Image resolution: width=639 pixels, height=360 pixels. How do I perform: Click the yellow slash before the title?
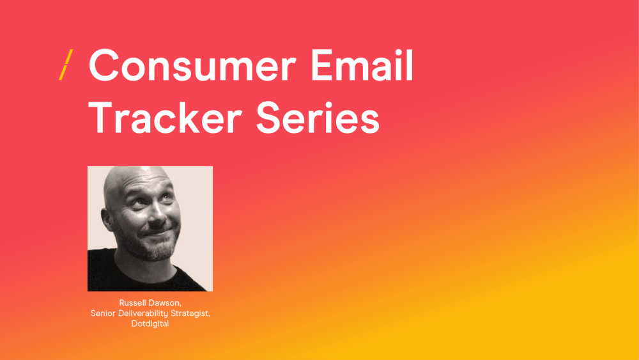(x=66, y=65)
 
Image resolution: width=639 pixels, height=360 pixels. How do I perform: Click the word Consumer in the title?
(x=192, y=65)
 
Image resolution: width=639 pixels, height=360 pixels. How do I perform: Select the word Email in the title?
(x=362, y=65)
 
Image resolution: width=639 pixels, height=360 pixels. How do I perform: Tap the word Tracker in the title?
(x=165, y=118)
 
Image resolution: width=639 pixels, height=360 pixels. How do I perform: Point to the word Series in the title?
(x=318, y=118)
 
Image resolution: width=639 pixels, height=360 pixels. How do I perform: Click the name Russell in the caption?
(x=132, y=303)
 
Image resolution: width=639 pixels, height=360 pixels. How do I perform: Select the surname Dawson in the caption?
(x=165, y=303)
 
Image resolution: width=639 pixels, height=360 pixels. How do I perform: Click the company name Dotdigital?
(x=150, y=324)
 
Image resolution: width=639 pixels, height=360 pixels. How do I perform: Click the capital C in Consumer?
(x=104, y=65)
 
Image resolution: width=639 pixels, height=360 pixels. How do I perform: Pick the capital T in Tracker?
(x=101, y=118)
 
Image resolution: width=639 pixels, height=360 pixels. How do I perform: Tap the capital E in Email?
(x=322, y=65)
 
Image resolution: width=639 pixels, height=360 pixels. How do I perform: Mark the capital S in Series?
(x=268, y=118)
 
